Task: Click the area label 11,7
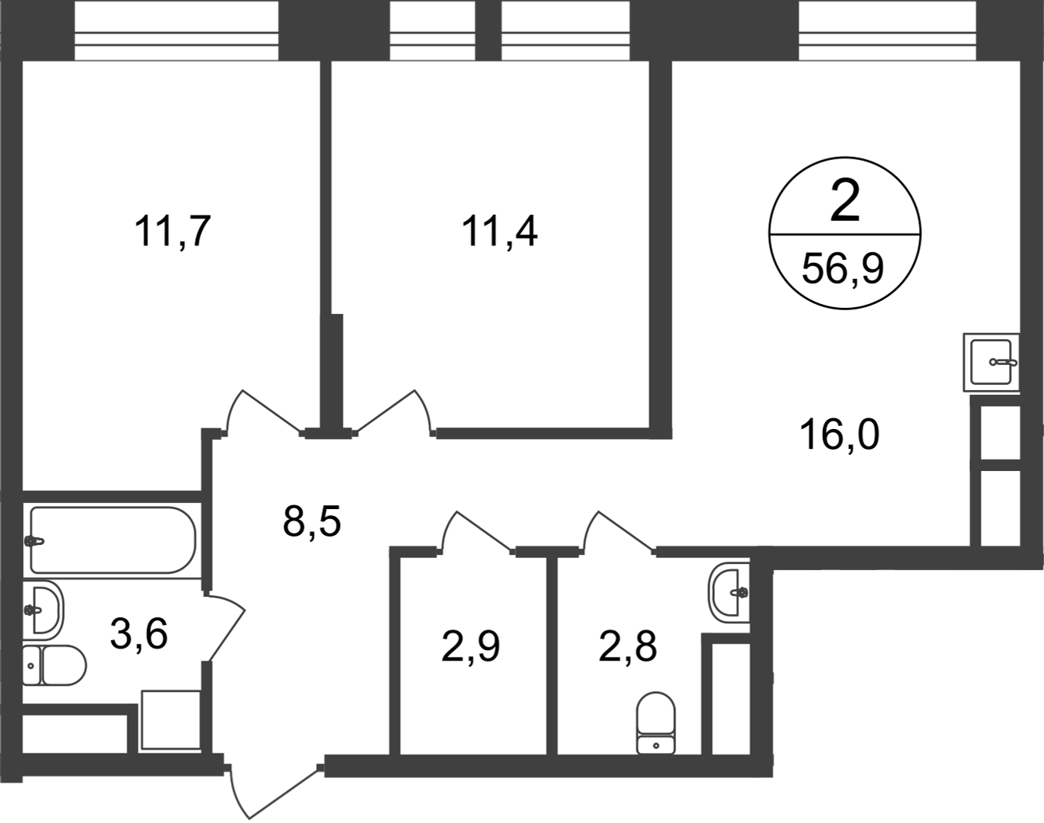point(173,232)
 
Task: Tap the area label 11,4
point(500,232)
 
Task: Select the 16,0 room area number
point(839,435)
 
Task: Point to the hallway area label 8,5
point(312,521)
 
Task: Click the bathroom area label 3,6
point(139,633)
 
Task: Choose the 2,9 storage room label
point(471,646)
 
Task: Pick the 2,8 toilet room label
point(628,646)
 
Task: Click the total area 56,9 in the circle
point(843,269)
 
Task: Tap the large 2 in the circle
point(845,200)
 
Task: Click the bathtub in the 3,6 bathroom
point(112,540)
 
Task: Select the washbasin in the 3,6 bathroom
point(43,610)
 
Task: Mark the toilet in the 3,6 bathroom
point(54,664)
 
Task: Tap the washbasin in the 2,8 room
point(729,593)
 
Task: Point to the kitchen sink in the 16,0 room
point(991,362)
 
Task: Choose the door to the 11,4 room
point(394,411)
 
